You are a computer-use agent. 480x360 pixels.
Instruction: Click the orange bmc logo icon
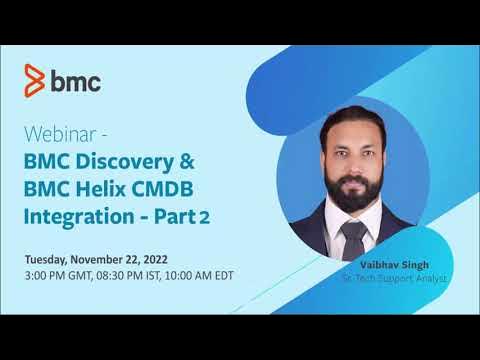pyautogui.click(x=36, y=79)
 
